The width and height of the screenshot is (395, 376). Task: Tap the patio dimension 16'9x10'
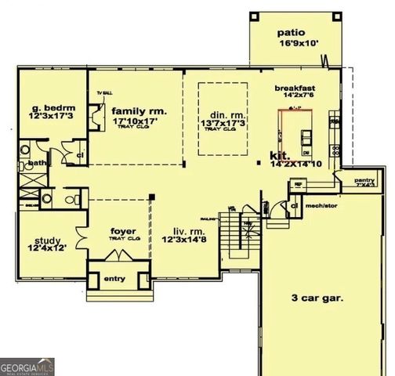tap(294, 45)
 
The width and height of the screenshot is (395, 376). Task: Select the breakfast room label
tap(295, 88)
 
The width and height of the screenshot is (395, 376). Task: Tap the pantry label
tap(364, 180)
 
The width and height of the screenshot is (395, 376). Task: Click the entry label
tap(115, 278)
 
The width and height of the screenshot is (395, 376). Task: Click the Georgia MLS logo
tap(25, 365)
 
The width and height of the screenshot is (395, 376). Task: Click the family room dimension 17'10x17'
tap(135, 122)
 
